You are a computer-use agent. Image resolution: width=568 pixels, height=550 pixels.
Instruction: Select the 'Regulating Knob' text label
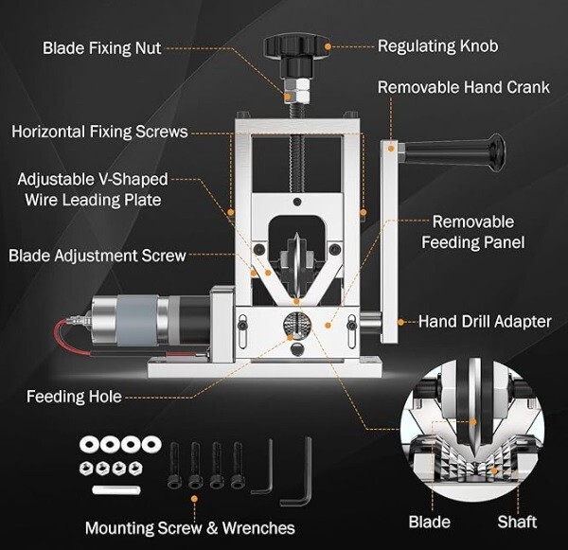tap(437, 45)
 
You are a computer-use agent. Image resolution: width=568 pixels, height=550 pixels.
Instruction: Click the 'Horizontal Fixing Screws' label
tap(99, 132)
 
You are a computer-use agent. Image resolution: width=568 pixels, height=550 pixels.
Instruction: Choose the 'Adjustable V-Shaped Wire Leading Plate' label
tap(93, 189)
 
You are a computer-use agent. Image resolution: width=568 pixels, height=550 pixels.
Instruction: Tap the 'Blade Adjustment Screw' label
tap(97, 255)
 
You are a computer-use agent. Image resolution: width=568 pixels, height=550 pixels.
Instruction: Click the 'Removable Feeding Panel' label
tap(473, 232)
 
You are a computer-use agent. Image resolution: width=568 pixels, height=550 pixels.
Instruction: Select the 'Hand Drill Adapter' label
tap(484, 321)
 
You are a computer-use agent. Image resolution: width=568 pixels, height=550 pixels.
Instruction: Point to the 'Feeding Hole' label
tap(74, 397)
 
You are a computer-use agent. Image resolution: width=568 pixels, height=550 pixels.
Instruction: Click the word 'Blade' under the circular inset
tap(429, 522)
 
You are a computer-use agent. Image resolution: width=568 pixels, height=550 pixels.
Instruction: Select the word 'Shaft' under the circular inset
tap(517, 522)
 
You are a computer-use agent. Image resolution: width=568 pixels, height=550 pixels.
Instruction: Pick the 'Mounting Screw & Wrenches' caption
tap(189, 527)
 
